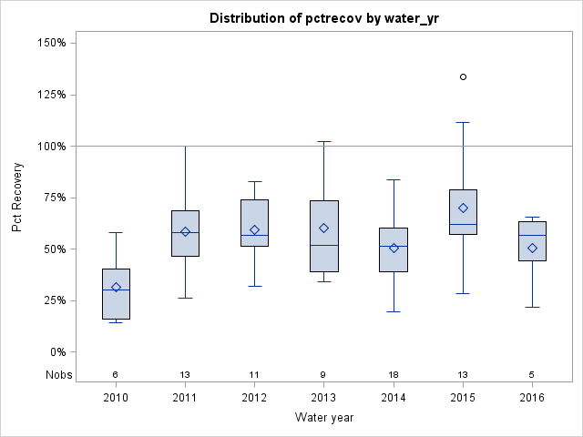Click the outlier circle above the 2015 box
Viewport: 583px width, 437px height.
(463, 76)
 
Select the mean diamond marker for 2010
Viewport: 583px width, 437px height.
(116, 287)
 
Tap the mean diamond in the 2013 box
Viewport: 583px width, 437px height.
(324, 228)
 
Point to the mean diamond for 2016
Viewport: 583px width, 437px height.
(533, 248)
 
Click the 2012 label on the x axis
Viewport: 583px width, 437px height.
(255, 398)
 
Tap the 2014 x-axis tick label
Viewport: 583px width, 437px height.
(394, 398)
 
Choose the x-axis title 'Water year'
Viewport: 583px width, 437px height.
(324, 418)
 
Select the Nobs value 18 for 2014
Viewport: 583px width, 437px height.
(394, 374)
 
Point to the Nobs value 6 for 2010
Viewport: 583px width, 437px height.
(116, 374)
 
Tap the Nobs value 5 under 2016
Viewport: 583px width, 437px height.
(533, 374)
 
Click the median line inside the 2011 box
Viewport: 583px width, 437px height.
(185, 233)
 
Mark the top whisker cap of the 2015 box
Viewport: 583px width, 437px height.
(463, 122)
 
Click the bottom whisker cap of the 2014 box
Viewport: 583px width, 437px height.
(394, 311)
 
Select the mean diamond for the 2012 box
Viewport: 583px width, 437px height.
(255, 229)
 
